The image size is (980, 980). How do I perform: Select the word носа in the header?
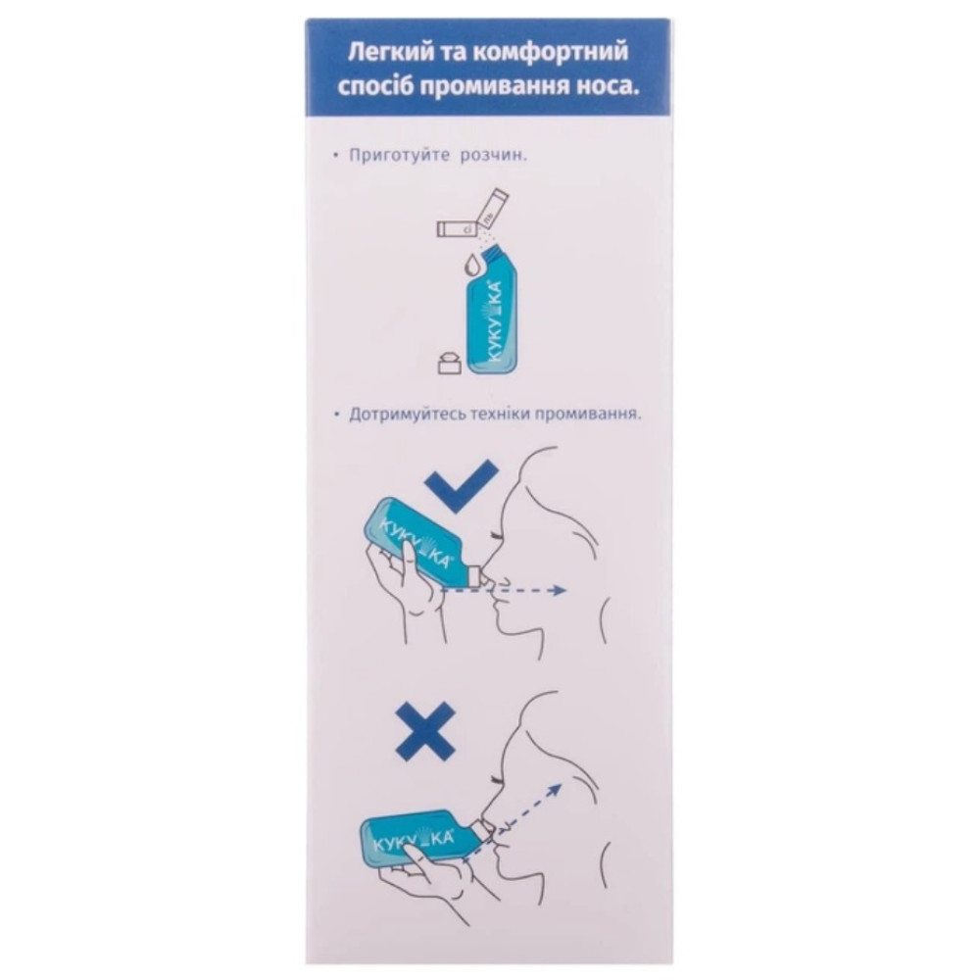click(603, 88)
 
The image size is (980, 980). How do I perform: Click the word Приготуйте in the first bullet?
click(400, 156)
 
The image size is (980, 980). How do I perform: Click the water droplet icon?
click(472, 266)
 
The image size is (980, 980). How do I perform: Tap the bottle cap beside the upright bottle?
click(449, 364)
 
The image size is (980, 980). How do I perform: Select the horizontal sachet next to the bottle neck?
click(457, 229)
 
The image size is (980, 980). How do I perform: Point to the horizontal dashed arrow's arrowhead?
click(560, 589)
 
